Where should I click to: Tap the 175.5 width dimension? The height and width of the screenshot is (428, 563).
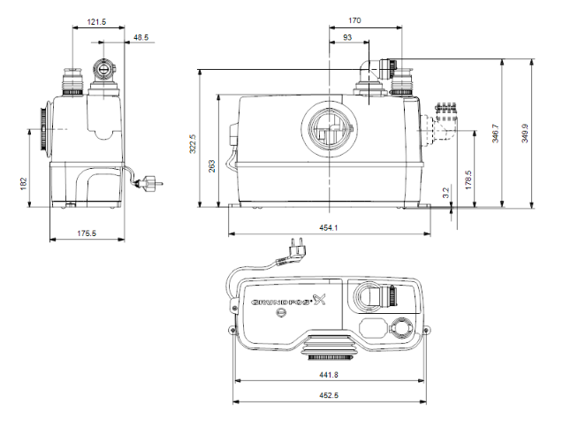87,233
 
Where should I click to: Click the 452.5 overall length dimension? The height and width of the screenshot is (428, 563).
328,395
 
